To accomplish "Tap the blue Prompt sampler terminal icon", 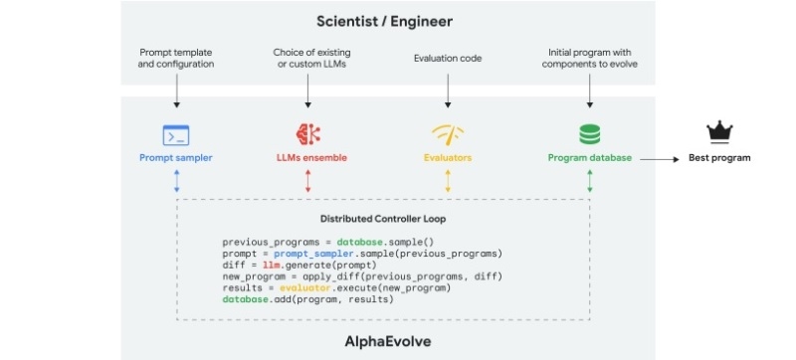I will click(x=176, y=133).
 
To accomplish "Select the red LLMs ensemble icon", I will click(x=307, y=133).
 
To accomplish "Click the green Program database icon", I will click(x=590, y=133).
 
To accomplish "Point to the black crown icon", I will click(x=718, y=132).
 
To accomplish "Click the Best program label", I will click(x=719, y=157).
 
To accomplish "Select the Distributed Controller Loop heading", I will click(x=383, y=219).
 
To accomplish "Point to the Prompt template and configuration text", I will click(x=176, y=58).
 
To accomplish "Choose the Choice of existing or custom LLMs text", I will click(x=307, y=58).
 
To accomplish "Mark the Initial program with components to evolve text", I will click(x=590, y=58).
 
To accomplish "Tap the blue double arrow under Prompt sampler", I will click(x=176, y=180).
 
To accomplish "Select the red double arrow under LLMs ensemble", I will click(x=307, y=180).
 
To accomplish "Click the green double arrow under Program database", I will click(x=590, y=180).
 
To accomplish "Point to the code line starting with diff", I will click(x=298, y=264).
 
